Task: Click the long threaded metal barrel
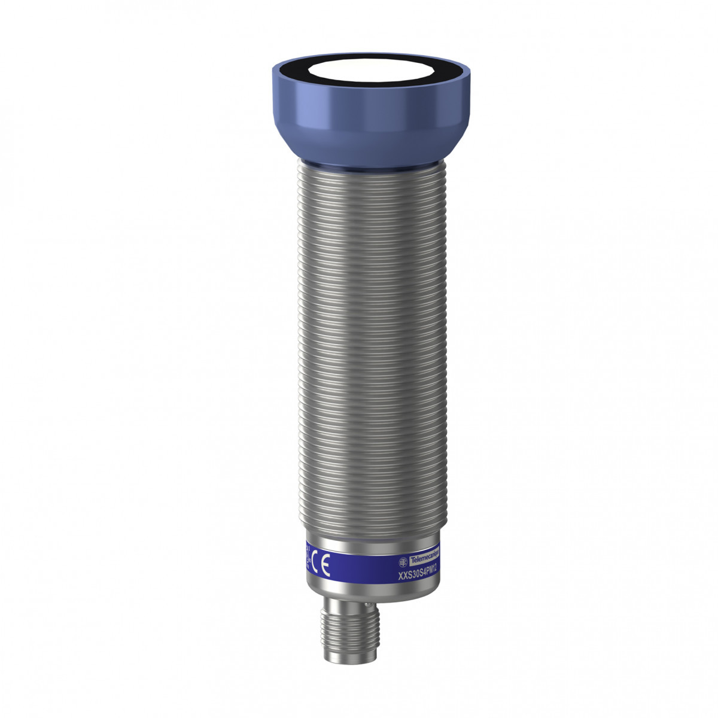pyautogui.click(x=369, y=347)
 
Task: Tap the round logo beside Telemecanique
pyautogui.click(x=403, y=562)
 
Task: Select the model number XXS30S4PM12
pyautogui.click(x=418, y=574)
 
